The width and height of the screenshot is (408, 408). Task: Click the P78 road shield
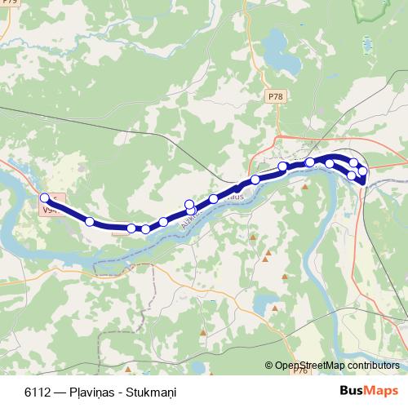[274, 96]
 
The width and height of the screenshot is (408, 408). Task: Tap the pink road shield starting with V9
[51, 210]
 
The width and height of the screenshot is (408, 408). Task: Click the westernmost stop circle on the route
[45, 197]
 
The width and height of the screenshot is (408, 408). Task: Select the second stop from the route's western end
[90, 221]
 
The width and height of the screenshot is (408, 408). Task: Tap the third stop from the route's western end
[131, 228]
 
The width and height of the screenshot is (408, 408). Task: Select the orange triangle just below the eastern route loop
[305, 187]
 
